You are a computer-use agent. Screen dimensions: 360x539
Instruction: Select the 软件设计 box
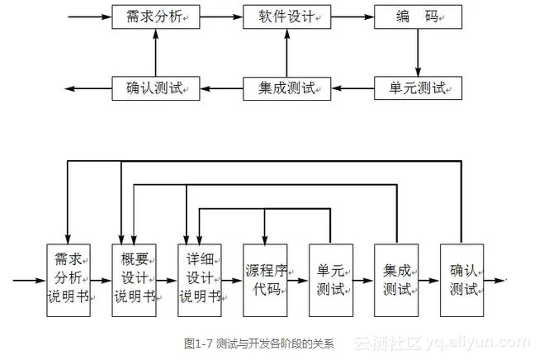[286, 17]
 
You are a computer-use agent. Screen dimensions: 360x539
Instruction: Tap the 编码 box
[418, 17]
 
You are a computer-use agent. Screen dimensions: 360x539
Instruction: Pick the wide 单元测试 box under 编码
[418, 87]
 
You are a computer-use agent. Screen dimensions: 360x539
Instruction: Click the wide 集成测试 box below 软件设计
[286, 87]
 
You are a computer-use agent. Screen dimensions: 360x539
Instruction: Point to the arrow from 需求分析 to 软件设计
[221, 17]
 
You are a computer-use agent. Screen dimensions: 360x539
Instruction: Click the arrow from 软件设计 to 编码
[352, 17]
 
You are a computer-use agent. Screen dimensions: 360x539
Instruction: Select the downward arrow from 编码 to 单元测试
[418, 51]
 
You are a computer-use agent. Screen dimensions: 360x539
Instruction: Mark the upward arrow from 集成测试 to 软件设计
[286, 51]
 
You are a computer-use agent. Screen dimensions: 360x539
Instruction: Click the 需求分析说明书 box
[68, 279]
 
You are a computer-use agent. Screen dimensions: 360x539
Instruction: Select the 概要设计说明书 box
[134, 279]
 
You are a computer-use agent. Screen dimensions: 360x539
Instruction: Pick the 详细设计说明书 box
[199, 279]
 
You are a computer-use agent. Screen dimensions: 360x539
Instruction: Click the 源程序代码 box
[264, 279]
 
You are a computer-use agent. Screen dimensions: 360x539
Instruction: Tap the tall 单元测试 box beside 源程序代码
[330, 279]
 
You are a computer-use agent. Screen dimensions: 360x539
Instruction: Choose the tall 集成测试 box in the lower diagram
[396, 279]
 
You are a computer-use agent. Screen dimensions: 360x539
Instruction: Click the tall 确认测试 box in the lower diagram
[461, 279]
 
